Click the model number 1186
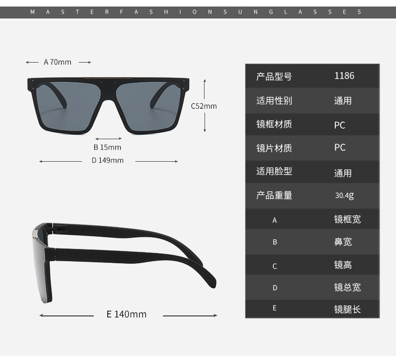344,76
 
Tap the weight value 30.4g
344,195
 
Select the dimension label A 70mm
58,62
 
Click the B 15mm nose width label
107,147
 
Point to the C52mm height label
204,106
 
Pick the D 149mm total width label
107,160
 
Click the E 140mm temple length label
127,314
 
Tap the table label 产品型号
274,77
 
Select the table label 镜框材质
274,124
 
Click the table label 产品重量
274,195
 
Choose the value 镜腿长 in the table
347,309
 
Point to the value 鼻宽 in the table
343,242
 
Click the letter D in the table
275,287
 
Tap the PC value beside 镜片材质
340,148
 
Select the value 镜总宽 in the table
347,287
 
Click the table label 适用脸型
274,171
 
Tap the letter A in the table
275,220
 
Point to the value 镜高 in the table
343,265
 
